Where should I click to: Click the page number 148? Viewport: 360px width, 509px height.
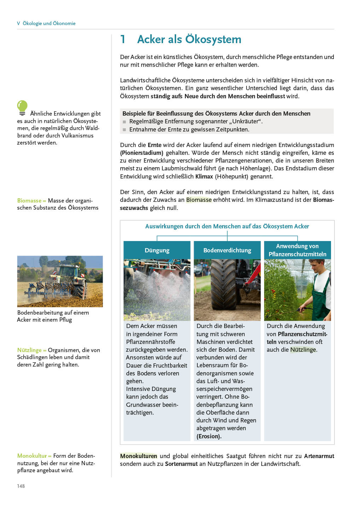[x=21, y=486]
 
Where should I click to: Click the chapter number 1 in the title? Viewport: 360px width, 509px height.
[x=123, y=39]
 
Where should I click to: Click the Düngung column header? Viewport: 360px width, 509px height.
[x=157, y=250]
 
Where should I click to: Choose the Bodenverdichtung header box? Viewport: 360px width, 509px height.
[x=227, y=250]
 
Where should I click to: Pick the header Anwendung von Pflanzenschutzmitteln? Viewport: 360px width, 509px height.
[x=297, y=250]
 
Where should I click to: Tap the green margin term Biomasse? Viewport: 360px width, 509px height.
[x=29, y=200]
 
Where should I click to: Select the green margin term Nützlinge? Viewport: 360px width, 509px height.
[x=29, y=350]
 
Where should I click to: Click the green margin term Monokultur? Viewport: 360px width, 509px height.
[x=32, y=456]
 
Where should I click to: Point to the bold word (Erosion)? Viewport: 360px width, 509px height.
[x=209, y=436]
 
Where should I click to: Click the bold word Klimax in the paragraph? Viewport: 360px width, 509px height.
[x=204, y=176]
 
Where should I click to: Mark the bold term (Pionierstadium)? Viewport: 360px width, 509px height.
[x=141, y=153]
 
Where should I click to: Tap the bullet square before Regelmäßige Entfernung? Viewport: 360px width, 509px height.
[x=124, y=122]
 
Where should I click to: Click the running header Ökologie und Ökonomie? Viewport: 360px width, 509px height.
[x=49, y=23]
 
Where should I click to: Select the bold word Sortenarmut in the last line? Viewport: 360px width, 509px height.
[x=181, y=464]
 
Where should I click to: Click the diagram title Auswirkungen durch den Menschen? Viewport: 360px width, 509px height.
[x=227, y=226]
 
